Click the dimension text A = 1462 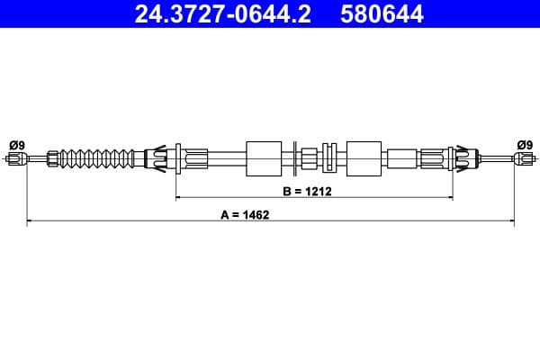click(246, 215)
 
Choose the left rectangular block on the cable click(263, 159)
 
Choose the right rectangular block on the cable click(364, 159)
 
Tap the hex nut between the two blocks click(310, 159)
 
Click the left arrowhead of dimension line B click(178, 196)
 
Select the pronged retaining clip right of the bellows click(154, 159)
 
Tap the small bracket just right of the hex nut click(330, 159)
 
